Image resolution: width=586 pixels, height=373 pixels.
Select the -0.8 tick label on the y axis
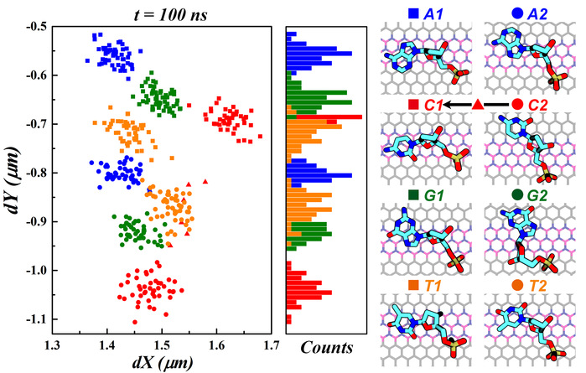[x=31, y=173]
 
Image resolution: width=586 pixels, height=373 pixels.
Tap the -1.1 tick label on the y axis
[x=31, y=319]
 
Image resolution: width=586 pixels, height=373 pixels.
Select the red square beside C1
[x=413, y=104]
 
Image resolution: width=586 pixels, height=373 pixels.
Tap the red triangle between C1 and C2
[x=477, y=104]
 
